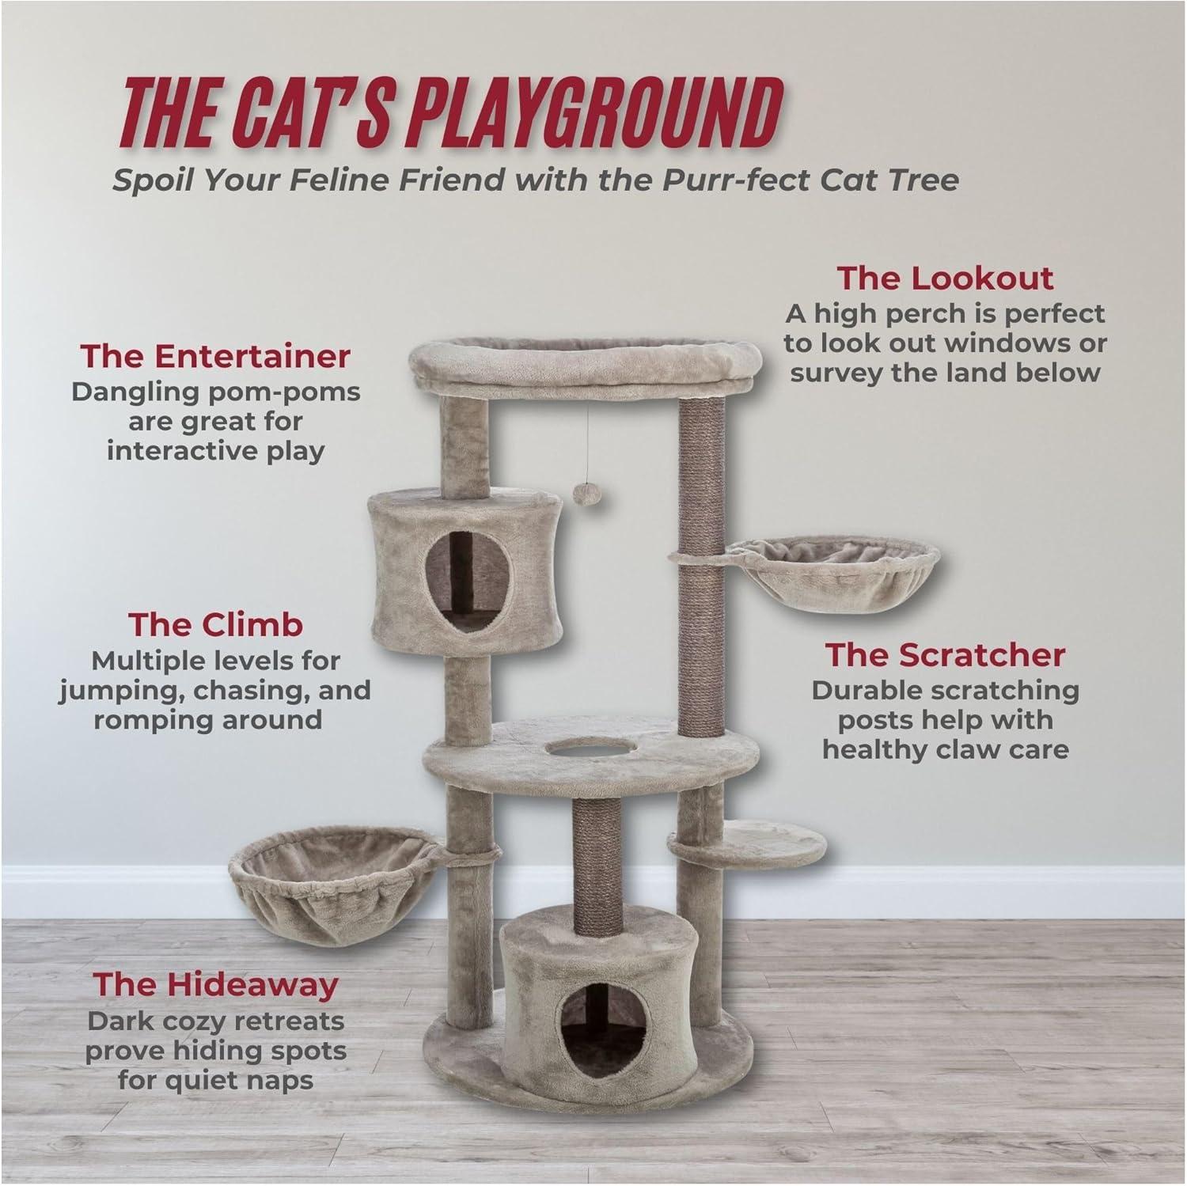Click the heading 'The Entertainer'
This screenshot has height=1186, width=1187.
214,356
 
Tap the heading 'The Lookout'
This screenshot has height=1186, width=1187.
945,279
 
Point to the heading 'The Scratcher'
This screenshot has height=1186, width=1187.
946,655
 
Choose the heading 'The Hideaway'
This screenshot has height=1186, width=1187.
215,984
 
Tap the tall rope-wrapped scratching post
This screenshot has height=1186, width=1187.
702,554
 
